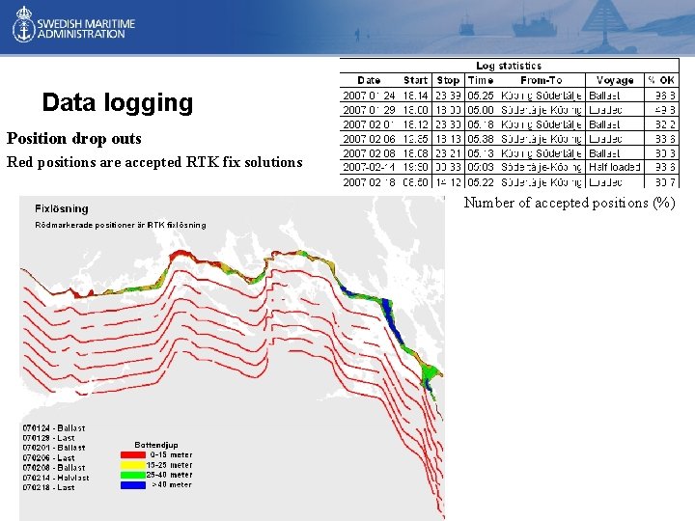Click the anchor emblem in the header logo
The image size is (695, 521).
pyautogui.click(x=23, y=27)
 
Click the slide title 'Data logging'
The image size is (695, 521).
pyautogui.click(x=118, y=102)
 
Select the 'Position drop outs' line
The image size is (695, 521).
pyautogui.click(x=74, y=138)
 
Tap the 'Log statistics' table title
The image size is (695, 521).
pyautogui.click(x=509, y=66)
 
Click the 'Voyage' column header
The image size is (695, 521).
pyautogui.click(x=615, y=80)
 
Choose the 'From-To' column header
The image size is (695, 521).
pyautogui.click(x=541, y=80)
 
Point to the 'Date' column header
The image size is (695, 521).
pyautogui.click(x=369, y=80)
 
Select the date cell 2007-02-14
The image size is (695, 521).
pyautogui.click(x=369, y=167)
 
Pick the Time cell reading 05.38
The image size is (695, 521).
pyautogui.click(x=480, y=138)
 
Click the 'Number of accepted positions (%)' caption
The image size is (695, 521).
pyautogui.click(x=570, y=203)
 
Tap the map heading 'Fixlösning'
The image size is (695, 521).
pyautogui.click(x=61, y=208)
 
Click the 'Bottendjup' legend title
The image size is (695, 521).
pyautogui.click(x=154, y=445)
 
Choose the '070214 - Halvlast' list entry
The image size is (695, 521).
pyautogui.click(x=55, y=478)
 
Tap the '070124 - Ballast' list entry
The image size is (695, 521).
pyautogui.click(x=53, y=427)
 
